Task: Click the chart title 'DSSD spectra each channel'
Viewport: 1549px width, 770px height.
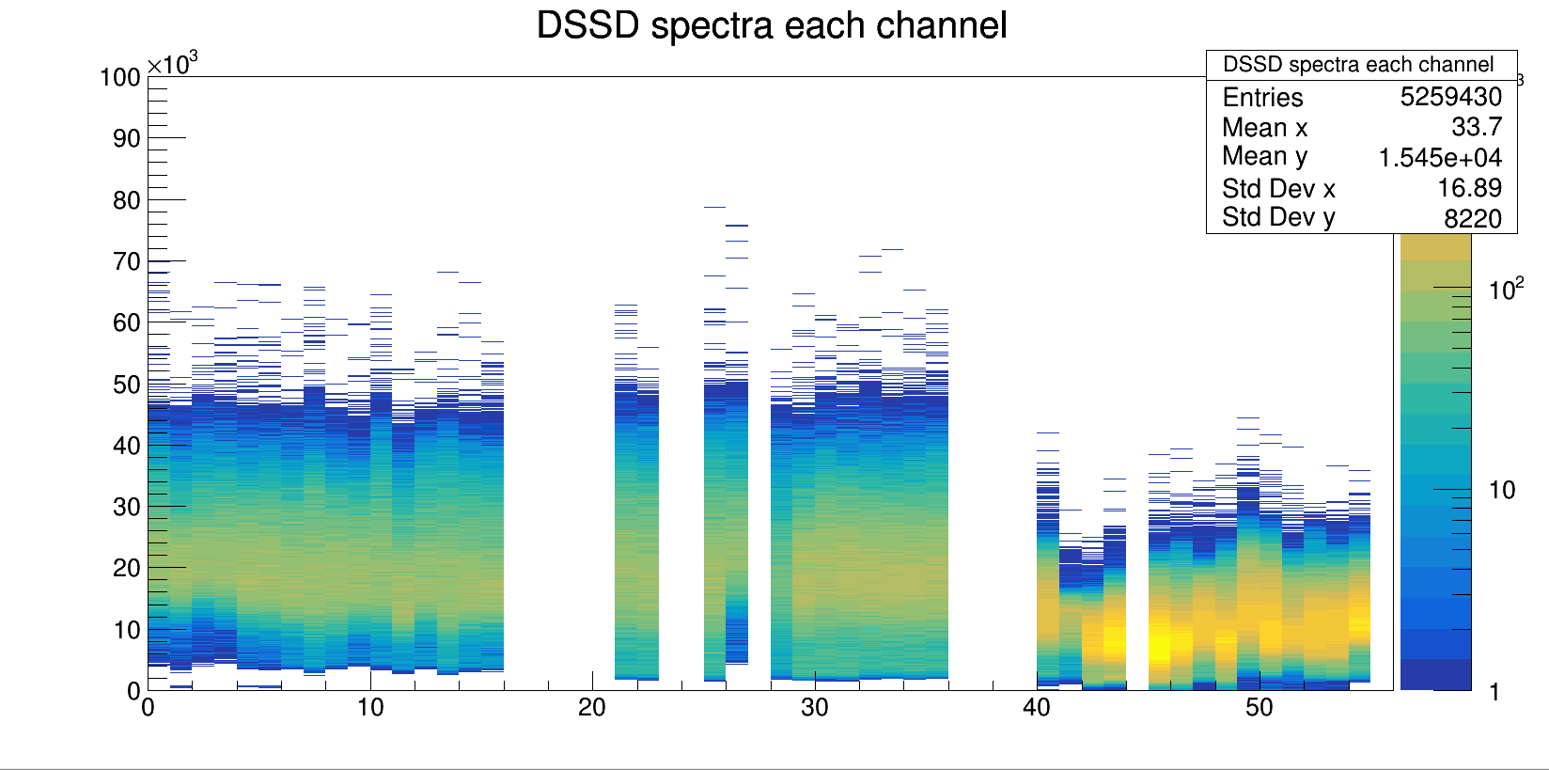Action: tap(771, 25)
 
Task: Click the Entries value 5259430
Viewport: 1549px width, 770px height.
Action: tap(1450, 97)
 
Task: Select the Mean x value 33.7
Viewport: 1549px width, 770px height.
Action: tap(1477, 127)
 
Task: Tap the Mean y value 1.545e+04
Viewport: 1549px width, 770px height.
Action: tap(1440, 157)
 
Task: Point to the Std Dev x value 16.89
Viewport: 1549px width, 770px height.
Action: tap(1469, 188)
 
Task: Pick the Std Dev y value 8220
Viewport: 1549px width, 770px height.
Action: tap(1472, 218)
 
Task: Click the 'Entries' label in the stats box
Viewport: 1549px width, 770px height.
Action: tap(1262, 97)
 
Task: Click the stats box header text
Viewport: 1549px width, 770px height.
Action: tap(1357, 65)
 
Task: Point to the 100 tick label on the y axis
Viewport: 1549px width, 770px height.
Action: tap(120, 77)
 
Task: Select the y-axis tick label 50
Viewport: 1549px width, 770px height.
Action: tap(127, 385)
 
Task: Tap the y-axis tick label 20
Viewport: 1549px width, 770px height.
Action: tap(127, 568)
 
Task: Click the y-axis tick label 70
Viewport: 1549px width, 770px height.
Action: tap(127, 261)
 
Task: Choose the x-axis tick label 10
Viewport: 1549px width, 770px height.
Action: tap(370, 708)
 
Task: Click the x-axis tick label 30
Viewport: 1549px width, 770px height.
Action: tap(814, 708)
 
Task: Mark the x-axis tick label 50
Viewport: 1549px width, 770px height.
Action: tap(1259, 708)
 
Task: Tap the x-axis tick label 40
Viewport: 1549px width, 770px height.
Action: tap(1037, 708)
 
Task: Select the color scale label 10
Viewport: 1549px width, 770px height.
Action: tap(1502, 490)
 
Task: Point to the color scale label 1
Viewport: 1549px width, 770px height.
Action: tap(1494, 693)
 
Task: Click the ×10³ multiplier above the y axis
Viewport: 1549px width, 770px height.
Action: tap(173, 64)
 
